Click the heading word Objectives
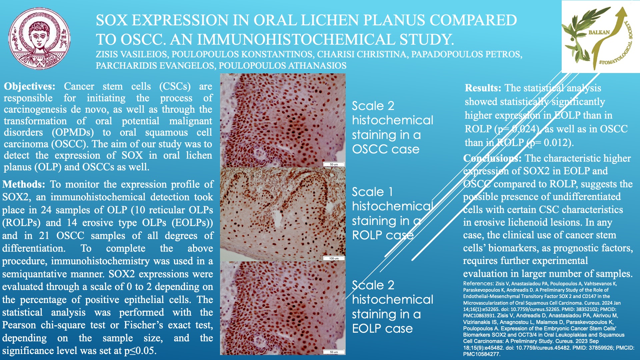[30, 86]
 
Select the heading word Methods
[24, 184]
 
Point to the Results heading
[483, 88]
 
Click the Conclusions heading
[492, 158]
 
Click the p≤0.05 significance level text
[140, 351]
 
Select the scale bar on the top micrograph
[334, 164]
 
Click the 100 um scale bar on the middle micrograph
[334, 258]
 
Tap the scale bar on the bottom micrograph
[334, 352]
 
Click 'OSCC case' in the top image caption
[386, 149]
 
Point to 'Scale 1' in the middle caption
[372, 192]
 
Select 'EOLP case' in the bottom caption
[382, 328]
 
